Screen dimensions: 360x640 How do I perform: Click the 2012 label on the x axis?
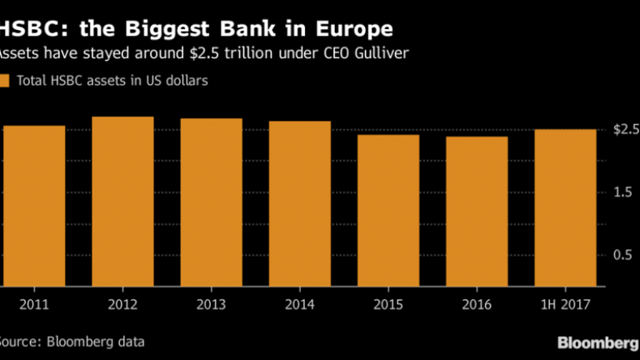pos(122,305)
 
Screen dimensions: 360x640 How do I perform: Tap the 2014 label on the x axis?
pos(299,305)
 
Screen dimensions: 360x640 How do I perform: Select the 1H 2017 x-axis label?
pos(565,305)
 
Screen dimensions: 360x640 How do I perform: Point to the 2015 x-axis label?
pos(388,305)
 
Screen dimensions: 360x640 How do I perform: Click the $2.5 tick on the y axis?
pos(626,130)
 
